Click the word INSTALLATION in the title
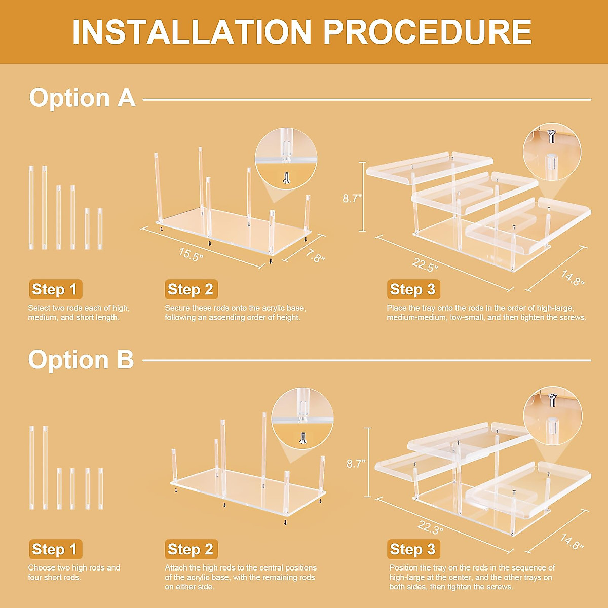click(192, 32)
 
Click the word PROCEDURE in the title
click(428, 32)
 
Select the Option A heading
click(83, 98)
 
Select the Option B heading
click(81, 360)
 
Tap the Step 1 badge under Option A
click(56, 289)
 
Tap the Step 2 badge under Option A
click(191, 289)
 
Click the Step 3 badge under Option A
click(413, 289)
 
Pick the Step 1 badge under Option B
click(56, 549)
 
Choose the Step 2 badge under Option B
click(191, 549)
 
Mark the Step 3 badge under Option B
click(413, 549)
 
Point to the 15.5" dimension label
click(191, 254)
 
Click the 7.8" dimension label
click(314, 256)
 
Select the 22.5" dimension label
click(425, 264)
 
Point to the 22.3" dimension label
click(430, 526)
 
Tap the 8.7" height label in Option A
click(352, 199)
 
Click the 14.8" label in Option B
click(572, 541)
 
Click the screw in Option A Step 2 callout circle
click(286, 178)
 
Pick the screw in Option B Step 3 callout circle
click(552, 399)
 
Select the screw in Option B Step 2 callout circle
click(302, 438)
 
